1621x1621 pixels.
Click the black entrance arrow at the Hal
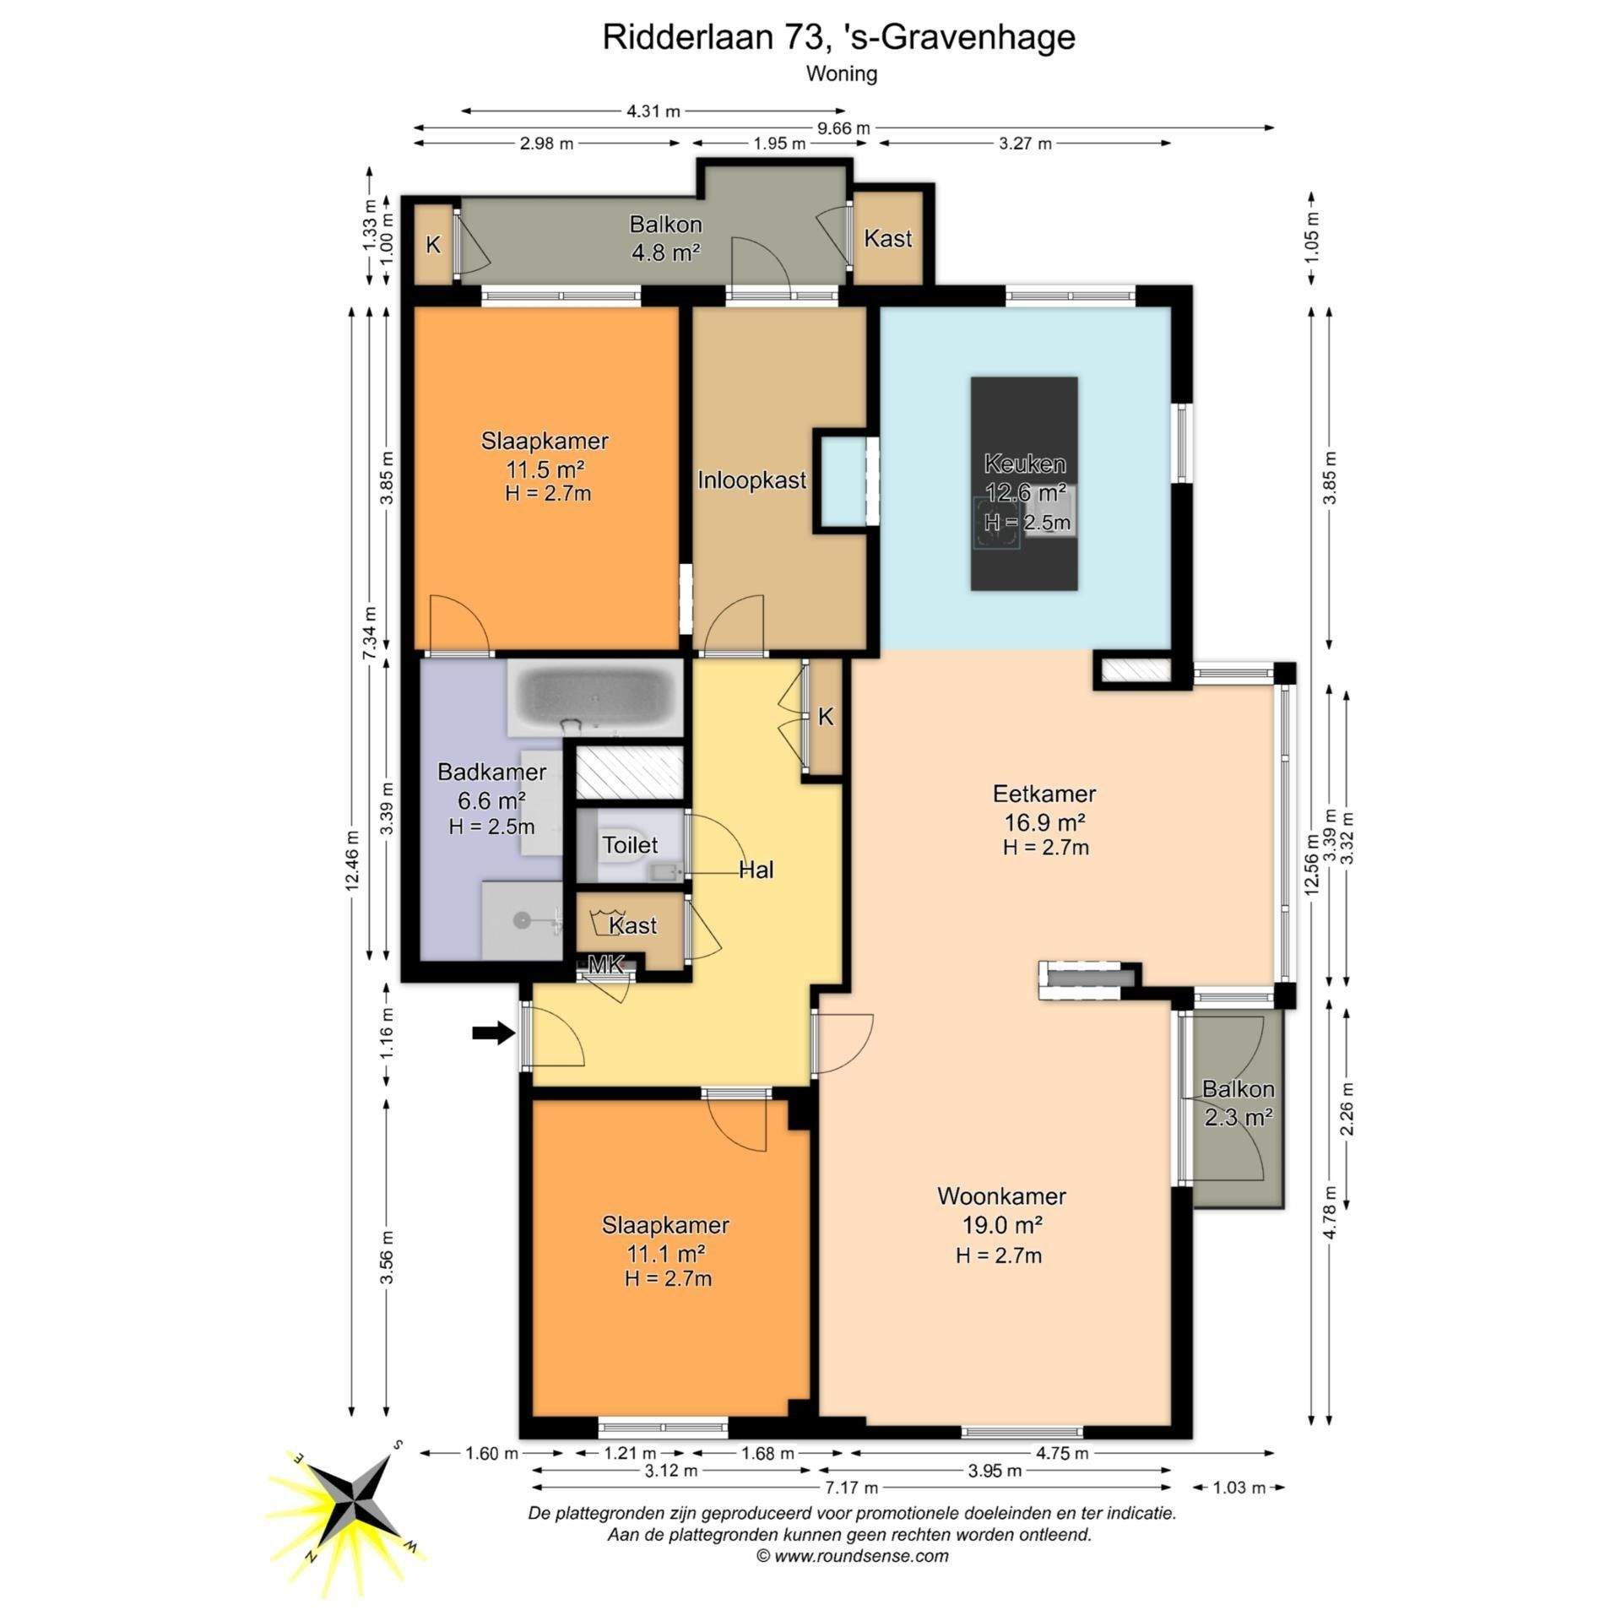(493, 1032)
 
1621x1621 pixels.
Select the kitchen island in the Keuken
(1024, 483)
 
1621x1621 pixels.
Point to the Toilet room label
(630, 844)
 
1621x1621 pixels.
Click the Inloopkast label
(751, 480)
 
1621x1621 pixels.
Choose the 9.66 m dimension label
(843, 128)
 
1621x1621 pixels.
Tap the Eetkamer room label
(1044, 794)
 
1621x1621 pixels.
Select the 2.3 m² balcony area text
(1239, 1118)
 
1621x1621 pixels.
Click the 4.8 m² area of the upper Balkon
(666, 252)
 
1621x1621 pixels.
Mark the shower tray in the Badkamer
(522, 919)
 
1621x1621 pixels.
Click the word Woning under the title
(842, 74)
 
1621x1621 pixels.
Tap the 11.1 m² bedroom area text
(665, 1252)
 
